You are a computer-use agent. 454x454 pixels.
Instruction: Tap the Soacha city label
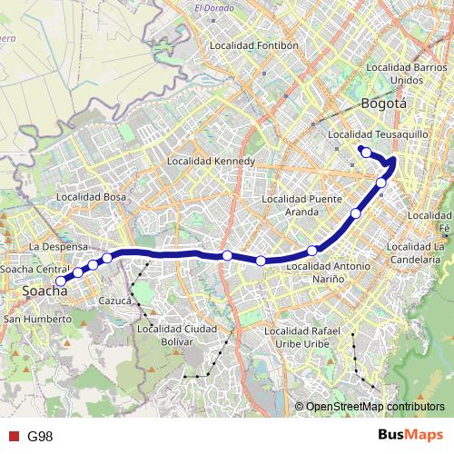click(x=44, y=292)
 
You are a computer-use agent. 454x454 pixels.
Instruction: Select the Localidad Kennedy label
click(x=212, y=161)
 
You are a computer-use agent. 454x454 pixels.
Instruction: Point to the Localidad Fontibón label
click(x=253, y=44)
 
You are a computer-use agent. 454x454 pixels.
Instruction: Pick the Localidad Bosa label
click(x=91, y=195)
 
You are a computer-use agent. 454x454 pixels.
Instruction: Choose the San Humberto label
click(x=38, y=320)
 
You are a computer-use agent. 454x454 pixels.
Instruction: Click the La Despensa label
click(x=58, y=246)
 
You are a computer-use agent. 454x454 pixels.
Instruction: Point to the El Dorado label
click(x=213, y=10)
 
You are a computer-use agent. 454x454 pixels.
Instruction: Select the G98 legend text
click(x=40, y=437)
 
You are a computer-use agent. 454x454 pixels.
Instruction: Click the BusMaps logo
click(x=410, y=436)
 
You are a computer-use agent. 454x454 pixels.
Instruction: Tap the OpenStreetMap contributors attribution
click(x=374, y=406)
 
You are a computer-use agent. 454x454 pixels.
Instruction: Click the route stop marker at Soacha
click(x=61, y=281)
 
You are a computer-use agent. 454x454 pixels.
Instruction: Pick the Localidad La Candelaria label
click(x=419, y=252)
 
